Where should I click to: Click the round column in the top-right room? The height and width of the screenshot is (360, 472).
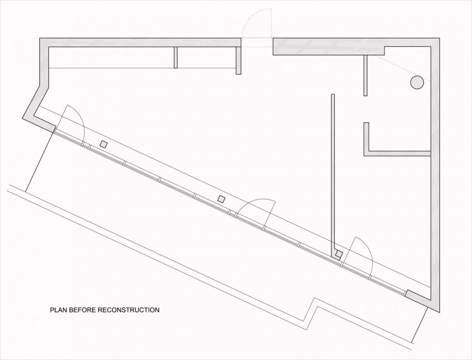pos(417,82)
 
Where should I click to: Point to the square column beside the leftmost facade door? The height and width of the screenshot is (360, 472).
pos(103,144)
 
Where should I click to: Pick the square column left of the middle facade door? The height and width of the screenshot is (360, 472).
pos(222,199)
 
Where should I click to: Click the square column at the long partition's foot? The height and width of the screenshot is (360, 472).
pos(339,254)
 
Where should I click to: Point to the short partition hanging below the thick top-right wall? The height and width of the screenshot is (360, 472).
pos(365,76)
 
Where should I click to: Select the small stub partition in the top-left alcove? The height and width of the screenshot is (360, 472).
pos(176,57)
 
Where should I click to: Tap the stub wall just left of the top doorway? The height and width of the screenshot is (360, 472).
pos(238,60)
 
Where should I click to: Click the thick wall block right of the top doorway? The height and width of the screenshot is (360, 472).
pos(328,47)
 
